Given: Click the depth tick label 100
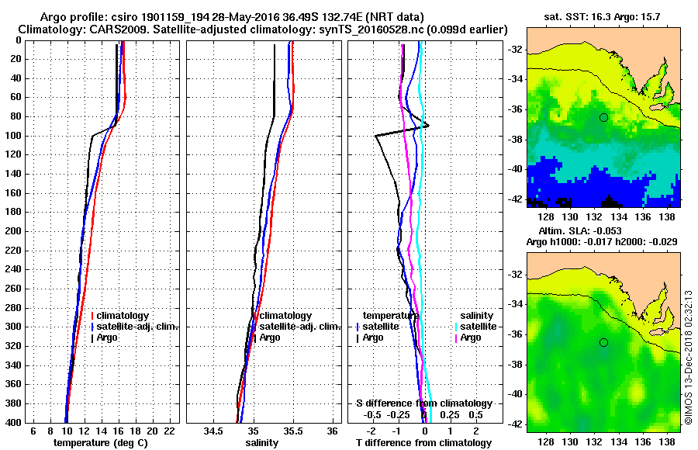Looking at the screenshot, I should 15,136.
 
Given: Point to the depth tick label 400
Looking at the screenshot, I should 15,422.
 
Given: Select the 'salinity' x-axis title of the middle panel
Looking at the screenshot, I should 261,442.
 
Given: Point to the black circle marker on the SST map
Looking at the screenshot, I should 603,117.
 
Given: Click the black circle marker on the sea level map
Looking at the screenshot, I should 603,342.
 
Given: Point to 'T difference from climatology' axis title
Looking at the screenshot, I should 423,442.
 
